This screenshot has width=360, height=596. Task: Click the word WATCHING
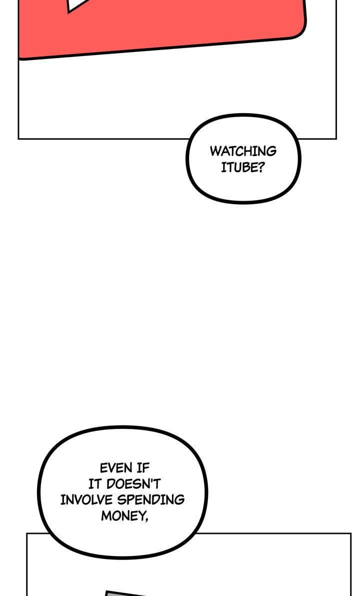[x=243, y=151]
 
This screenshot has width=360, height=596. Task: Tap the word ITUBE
[x=238, y=168]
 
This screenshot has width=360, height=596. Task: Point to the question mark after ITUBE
[x=259, y=168]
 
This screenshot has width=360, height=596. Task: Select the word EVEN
[x=116, y=467]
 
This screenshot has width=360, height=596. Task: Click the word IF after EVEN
[x=143, y=467]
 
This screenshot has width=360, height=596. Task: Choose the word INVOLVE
[x=86, y=500]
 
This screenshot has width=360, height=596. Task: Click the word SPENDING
[x=151, y=500]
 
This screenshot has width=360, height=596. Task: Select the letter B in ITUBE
[x=242, y=168]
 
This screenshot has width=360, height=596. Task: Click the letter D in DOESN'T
[x=111, y=484]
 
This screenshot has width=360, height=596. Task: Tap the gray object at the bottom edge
[x=125, y=593]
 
